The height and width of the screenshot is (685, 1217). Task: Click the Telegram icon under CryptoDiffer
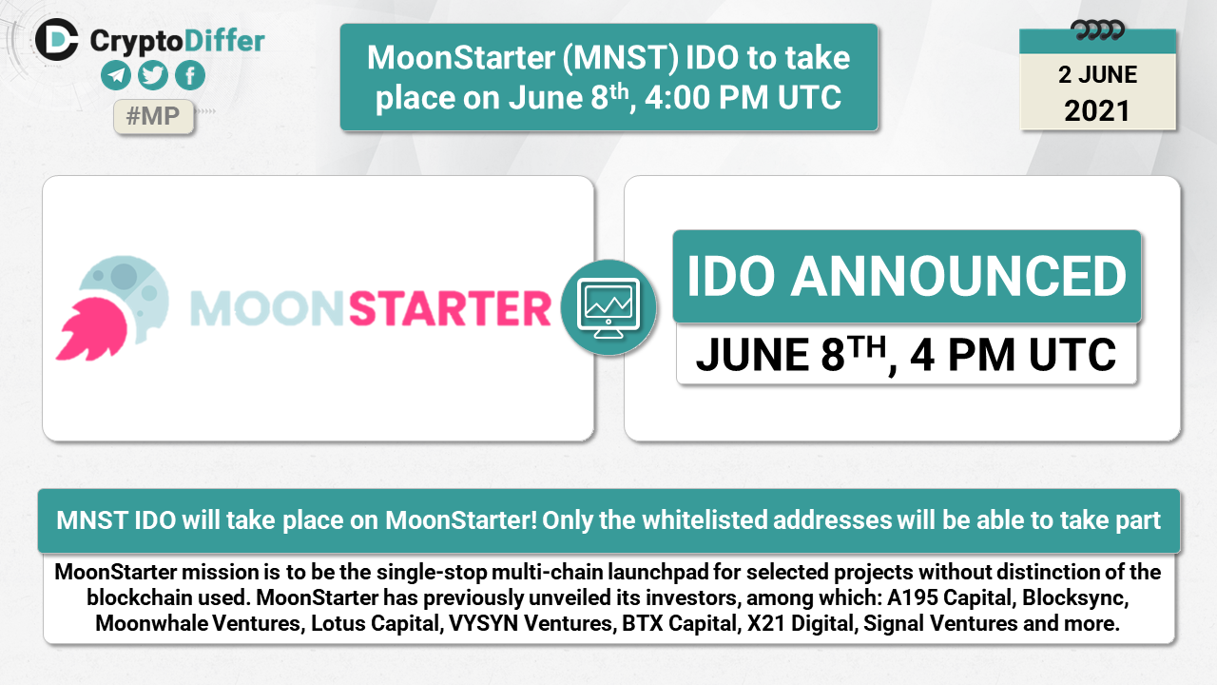pyautogui.click(x=116, y=75)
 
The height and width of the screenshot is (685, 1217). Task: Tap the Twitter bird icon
pyautogui.click(x=153, y=75)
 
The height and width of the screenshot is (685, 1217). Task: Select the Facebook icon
pyautogui.click(x=190, y=75)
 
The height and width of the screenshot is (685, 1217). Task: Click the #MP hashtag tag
pyautogui.click(x=153, y=116)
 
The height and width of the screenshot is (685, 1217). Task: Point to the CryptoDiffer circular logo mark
pyautogui.click(x=56, y=40)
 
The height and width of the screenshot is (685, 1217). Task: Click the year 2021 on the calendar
pyautogui.click(x=1097, y=111)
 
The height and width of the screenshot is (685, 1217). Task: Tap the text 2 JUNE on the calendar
pyautogui.click(x=1097, y=74)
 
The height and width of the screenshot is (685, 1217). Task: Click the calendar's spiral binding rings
pyautogui.click(x=1097, y=30)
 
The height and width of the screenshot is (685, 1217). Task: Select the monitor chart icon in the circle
pyautogui.click(x=608, y=307)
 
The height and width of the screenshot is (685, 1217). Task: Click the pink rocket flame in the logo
pyautogui.click(x=91, y=329)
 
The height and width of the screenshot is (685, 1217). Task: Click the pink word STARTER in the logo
pyautogui.click(x=450, y=308)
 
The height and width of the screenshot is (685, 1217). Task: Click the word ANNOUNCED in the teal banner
pyautogui.click(x=958, y=276)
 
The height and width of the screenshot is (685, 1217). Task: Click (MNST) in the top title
pyautogui.click(x=621, y=58)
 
